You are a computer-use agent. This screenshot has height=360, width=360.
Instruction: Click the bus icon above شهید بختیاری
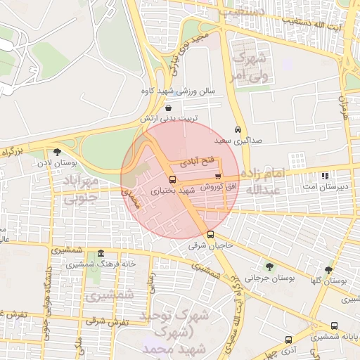[173, 179]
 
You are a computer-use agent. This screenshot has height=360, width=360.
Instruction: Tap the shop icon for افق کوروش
[217, 176]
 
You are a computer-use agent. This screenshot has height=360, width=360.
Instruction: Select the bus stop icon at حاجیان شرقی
[211, 235]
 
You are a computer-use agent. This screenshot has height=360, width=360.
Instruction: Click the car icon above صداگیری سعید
[238, 130]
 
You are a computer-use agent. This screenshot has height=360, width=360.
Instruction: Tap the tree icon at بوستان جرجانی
[269, 266]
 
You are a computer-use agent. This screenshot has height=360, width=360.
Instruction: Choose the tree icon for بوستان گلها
[328, 269]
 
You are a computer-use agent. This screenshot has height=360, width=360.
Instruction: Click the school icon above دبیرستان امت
[324, 176]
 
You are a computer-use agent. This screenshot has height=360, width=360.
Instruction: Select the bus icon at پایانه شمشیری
[334, 326]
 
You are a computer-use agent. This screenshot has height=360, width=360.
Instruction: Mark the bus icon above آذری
[288, 340]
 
